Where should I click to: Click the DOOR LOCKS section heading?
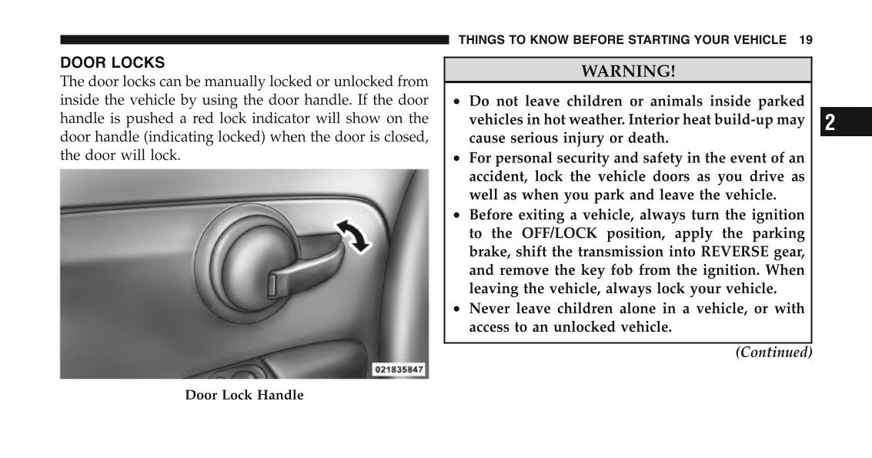pyautogui.click(x=112, y=62)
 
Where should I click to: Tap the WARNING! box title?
pyautogui.click(x=628, y=72)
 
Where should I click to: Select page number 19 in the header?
pyautogui.click(x=805, y=40)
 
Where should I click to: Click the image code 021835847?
pyautogui.click(x=399, y=369)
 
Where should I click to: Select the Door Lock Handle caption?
pyautogui.click(x=244, y=396)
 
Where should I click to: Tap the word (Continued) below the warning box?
pyautogui.click(x=773, y=353)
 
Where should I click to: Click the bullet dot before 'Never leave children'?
pyautogui.click(x=457, y=309)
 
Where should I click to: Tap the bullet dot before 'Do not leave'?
pyautogui.click(x=457, y=102)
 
